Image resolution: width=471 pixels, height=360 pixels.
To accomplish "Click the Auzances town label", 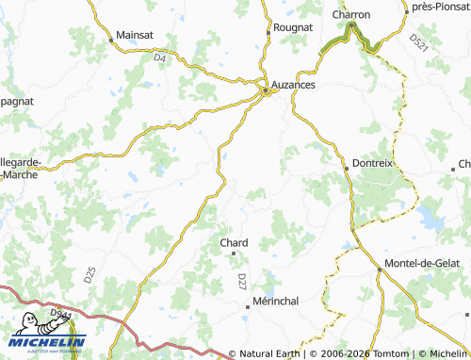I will (x=293, y=85).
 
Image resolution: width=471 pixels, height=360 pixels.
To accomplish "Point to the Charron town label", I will (x=351, y=15).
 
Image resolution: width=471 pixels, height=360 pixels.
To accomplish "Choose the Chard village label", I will (x=234, y=242).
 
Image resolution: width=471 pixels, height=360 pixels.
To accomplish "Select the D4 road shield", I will (x=159, y=58).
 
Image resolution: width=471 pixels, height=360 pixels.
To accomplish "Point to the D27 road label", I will (x=242, y=281).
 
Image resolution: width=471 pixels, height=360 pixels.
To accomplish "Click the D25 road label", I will (x=89, y=276).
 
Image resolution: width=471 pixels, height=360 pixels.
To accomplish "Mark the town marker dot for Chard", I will (x=234, y=254).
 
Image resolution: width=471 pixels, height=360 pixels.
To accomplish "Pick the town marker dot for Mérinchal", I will (x=252, y=303).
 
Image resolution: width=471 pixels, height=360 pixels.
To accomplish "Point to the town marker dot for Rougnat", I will (x=269, y=29).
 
